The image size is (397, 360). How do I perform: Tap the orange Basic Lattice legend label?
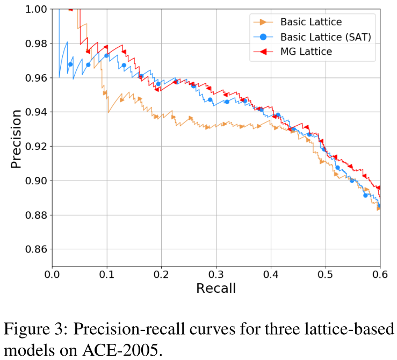[x=312, y=22]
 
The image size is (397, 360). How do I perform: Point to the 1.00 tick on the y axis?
[x=35, y=9]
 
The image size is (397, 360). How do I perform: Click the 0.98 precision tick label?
[x=35, y=44]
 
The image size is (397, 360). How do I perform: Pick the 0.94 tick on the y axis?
[x=35, y=112]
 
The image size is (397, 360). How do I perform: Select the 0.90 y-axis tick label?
[x=35, y=181]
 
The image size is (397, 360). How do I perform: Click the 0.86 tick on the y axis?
[x=35, y=249]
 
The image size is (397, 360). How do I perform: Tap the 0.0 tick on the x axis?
[x=52, y=275]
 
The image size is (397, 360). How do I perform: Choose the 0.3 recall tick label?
[x=216, y=275]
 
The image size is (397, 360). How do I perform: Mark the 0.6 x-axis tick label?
[x=379, y=275]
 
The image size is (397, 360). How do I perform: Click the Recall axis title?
[x=216, y=289]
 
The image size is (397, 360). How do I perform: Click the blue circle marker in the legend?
[x=263, y=37]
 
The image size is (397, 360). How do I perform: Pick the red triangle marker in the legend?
[x=263, y=52]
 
